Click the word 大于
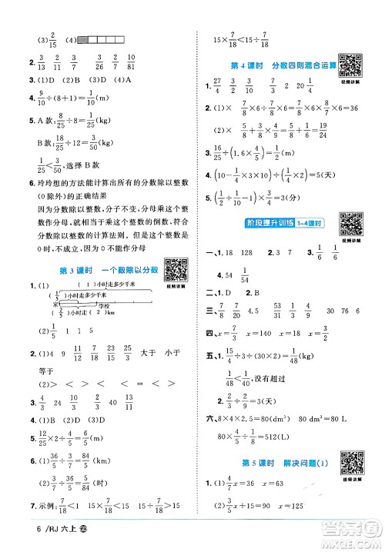click(149, 354)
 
